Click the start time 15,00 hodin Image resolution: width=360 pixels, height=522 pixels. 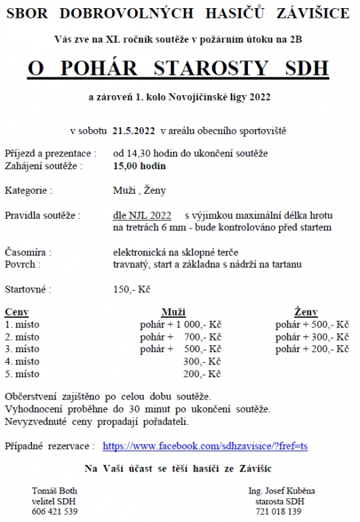tap(139, 165)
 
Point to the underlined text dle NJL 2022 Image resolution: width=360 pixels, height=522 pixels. tap(143, 215)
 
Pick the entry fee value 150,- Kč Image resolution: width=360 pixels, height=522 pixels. tap(132, 289)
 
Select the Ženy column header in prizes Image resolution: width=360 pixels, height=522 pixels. tap(306, 312)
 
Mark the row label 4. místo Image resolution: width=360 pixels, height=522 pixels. tap(22, 362)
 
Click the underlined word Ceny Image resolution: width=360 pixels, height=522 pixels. tap(16, 312)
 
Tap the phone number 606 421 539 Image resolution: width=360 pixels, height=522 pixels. tap(55, 511)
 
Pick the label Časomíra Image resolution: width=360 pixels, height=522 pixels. tap(28, 251)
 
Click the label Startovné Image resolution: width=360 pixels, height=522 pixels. tap(28, 289)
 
